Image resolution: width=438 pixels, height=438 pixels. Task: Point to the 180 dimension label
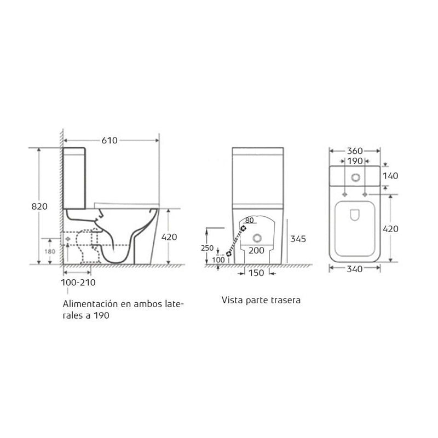tap(49, 251)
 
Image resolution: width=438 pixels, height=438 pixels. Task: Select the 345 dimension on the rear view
tap(298, 239)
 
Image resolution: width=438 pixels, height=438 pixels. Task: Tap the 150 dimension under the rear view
tap(256, 272)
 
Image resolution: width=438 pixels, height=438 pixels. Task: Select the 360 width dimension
tap(356, 150)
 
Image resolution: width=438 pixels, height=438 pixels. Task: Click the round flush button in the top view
tap(356, 177)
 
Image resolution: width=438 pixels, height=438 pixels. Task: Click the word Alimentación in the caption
tap(89, 304)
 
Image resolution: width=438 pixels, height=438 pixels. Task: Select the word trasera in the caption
tap(285, 301)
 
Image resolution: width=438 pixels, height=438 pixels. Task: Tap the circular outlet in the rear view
tap(257, 238)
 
